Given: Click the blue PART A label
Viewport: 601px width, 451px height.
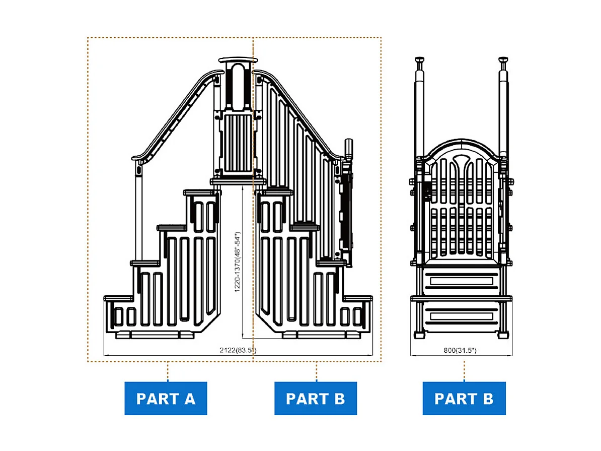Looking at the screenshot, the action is tap(166, 399).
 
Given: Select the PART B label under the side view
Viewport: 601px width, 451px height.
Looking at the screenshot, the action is tap(316, 399).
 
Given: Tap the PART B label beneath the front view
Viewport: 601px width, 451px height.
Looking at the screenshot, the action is tap(464, 399).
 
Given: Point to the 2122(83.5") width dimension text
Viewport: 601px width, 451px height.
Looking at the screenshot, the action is tap(238, 350).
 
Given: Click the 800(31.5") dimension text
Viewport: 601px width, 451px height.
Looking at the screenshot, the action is tap(460, 350).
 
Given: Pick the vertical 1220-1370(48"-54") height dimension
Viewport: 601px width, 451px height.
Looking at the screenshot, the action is tap(238, 262).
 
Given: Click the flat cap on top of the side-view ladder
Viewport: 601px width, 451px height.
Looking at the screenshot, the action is tap(238, 60).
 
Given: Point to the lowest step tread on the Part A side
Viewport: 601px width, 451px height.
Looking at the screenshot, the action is tap(119, 298).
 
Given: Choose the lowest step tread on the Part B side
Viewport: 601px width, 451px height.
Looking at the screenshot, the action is tap(357, 298).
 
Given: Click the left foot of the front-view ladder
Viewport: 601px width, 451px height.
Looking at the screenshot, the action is tap(419, 335).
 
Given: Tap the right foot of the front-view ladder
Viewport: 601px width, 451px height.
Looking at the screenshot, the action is tap(503, 335).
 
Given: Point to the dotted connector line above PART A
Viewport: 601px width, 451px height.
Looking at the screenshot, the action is tap(168, 371).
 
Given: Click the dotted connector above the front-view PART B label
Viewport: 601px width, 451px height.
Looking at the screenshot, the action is tap(316, 371).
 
